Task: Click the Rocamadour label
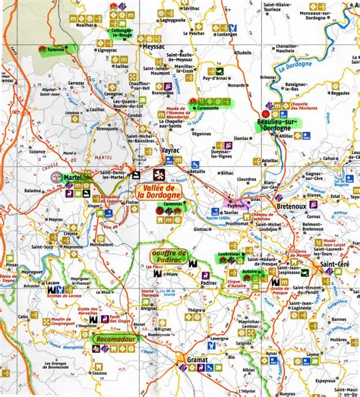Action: click(116, 340)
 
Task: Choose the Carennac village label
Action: click(174, 205)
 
